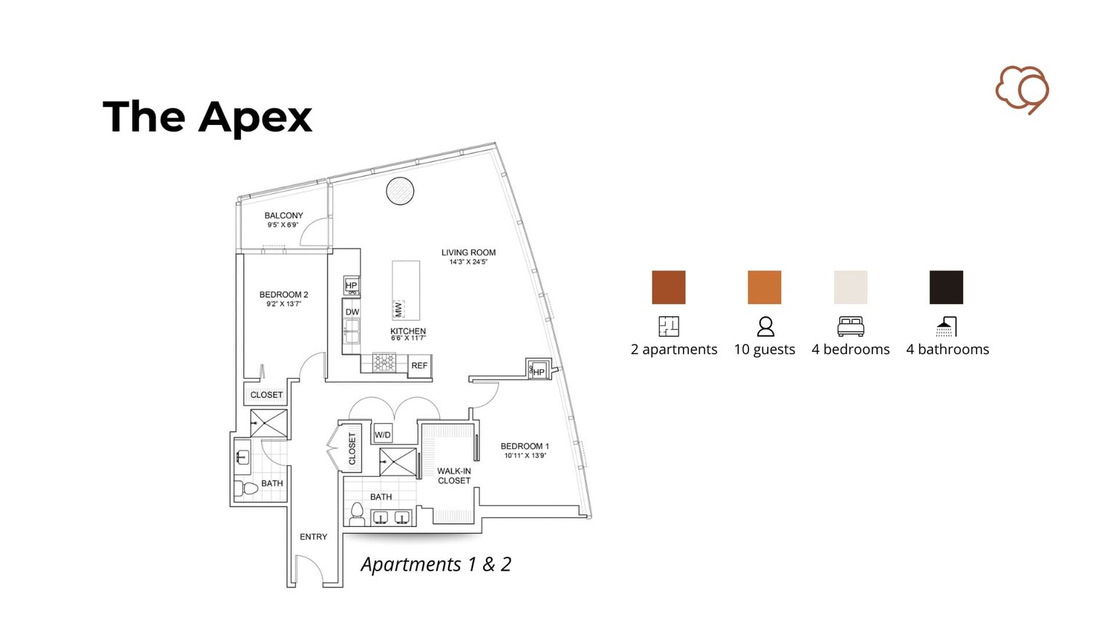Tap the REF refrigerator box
click(419, 366)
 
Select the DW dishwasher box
click(352, 312)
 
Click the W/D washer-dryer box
click(382, 435)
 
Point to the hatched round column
click(400, 191)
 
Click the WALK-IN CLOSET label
click(454, 475)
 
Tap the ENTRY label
click(313, 536)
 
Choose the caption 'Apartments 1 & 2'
click(436, 564)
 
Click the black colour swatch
click(946, 287)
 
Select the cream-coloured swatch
click(850, 287)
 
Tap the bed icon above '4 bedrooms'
click(850, 326)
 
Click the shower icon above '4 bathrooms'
click(946, 326)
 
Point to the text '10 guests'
click(764, 350)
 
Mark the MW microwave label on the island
click(398, 309)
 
